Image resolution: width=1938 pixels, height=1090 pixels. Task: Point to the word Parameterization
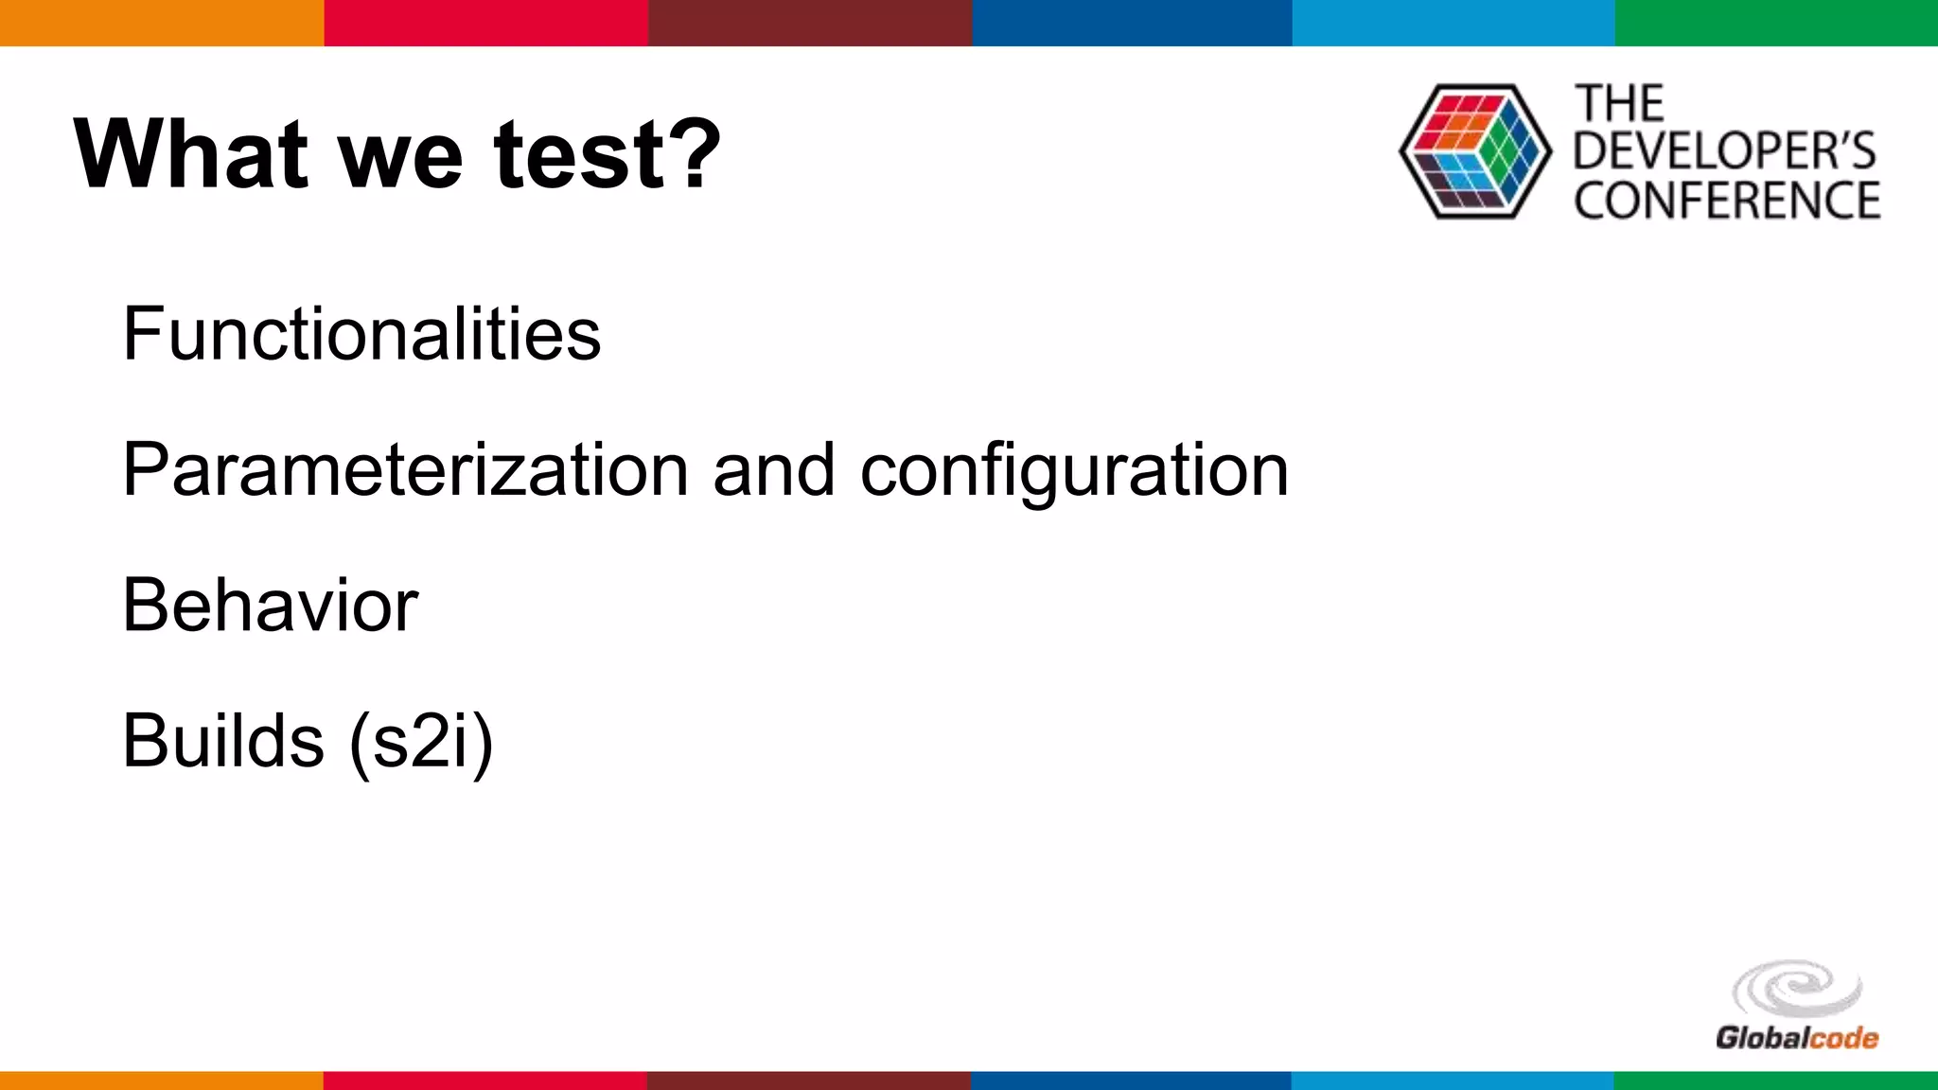click(x=406, y=470)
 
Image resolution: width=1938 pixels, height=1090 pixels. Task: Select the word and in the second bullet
click(x=774, y=470)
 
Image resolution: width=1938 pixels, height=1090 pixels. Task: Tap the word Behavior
click(x=270, y=606)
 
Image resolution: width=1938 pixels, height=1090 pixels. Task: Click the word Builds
click(x=223, y=740)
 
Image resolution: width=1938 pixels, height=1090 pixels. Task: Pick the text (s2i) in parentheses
click(x=421, y=742)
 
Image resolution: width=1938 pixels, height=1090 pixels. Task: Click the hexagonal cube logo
click(x=1474, y=151)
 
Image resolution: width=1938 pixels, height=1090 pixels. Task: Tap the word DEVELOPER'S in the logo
click(x=1724, y=151)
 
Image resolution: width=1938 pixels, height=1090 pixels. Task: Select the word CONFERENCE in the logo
click(x=1727, y=201)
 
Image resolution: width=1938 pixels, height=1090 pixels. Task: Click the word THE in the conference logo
click(x=1619, y=104)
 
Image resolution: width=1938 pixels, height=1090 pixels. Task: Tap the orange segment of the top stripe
click(x=162, y=23)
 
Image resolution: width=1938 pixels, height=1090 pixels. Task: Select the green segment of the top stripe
click(x=1776, y=23)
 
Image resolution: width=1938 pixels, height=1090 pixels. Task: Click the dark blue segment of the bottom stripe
click(x=1131, y=1080)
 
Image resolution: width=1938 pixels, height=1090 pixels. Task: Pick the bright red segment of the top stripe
click(x=485, y=23)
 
